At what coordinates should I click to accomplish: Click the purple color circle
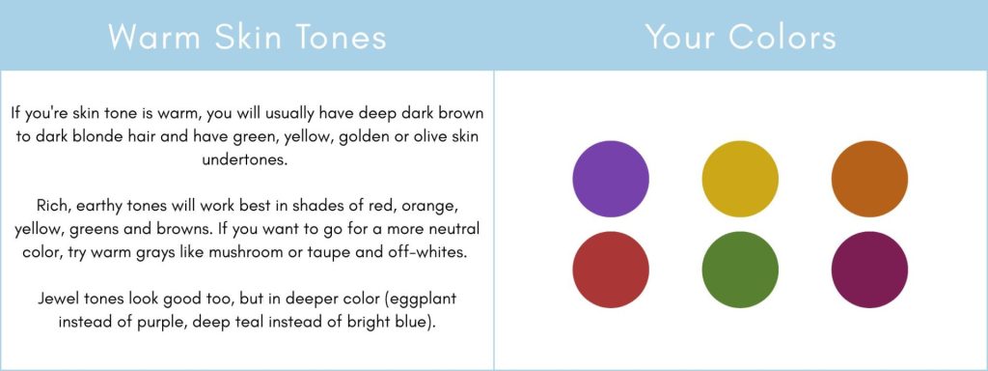pos(611,179)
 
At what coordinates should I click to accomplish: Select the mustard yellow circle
pos(740,179)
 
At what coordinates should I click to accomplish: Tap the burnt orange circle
pos(869,179)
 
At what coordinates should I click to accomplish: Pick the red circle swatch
pos(611,270)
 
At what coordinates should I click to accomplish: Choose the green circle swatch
pos(740,270)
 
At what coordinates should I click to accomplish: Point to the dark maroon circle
pos(869,270)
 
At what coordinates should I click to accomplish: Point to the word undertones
pos(244,160)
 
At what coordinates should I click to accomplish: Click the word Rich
pos(50,206)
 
